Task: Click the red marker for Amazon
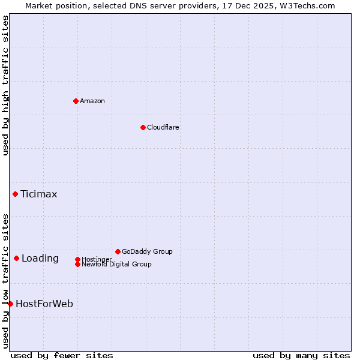[76, 101]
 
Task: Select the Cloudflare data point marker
[143, 127]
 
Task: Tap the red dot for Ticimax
[15, 194]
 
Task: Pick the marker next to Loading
[16, 258]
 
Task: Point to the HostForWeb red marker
[10, 304]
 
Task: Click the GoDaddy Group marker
[118, 251]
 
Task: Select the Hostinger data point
[77, 259]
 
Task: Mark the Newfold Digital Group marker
[77, 264]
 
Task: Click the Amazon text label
[92, 101]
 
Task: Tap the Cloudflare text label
[163, 127]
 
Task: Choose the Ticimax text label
[38, 194]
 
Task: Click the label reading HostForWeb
[44, 304]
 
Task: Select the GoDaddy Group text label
[146, 251]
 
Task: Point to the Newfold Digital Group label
[116, 264]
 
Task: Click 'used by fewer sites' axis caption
[62, 355]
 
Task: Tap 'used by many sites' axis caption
[301, 355]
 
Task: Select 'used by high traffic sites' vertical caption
[5, 85]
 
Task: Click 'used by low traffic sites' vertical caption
[5, 280]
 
